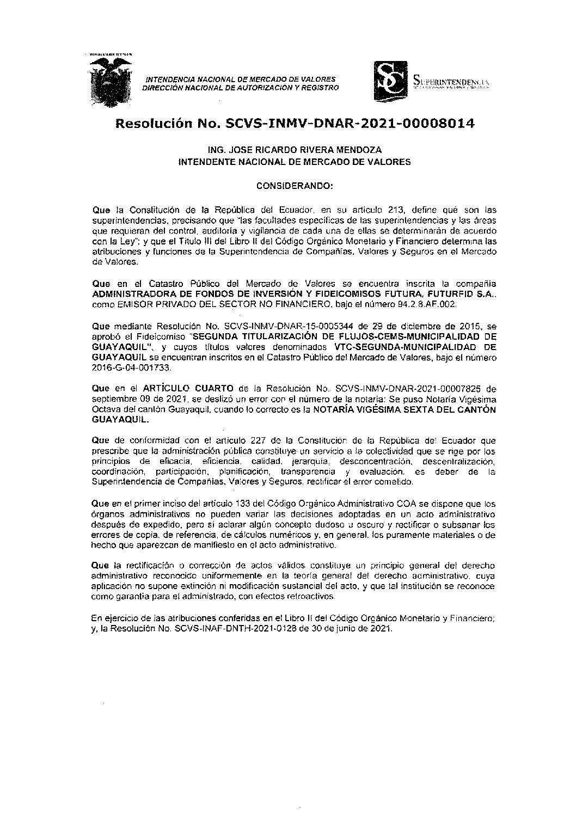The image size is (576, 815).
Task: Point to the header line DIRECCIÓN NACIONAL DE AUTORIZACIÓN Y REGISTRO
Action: tap(240, 87)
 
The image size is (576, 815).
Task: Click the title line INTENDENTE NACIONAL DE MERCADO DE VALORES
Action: tap(295, 162)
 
